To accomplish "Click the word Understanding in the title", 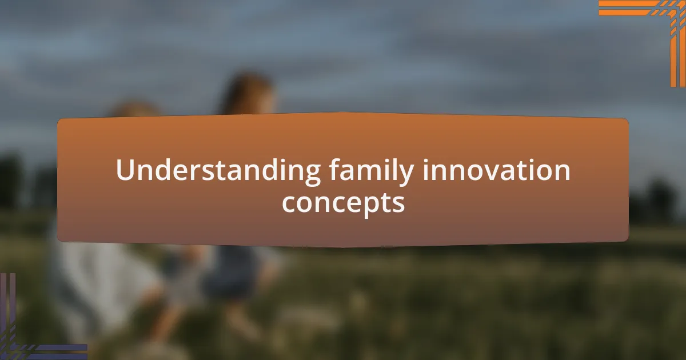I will point(218,171).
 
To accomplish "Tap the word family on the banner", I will point(372,171).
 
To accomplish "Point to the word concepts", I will point(343,202).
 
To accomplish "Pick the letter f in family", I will point(334,170).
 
